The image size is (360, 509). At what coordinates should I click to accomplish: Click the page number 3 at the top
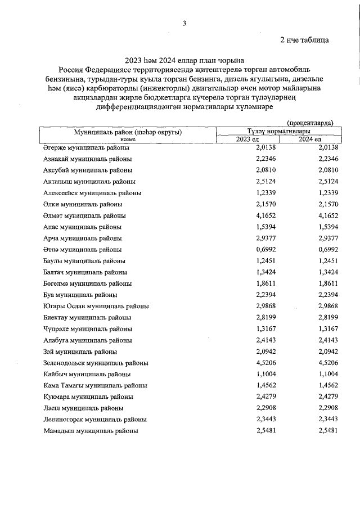[184, 23]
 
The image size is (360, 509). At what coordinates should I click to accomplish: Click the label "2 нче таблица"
[304, 40]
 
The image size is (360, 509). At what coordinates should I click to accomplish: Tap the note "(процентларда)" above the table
[310, 123]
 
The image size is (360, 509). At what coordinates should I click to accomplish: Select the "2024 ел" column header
[309, 139]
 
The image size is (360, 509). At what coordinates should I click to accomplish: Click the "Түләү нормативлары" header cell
[278, 131]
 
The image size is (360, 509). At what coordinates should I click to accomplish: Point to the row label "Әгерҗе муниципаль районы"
[86, 147]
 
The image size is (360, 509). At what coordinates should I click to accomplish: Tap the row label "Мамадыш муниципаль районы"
[91, 431]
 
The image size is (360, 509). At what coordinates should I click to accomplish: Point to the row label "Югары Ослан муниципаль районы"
[96, 306]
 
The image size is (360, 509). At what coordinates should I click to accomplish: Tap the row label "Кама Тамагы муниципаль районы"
[95, 385]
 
